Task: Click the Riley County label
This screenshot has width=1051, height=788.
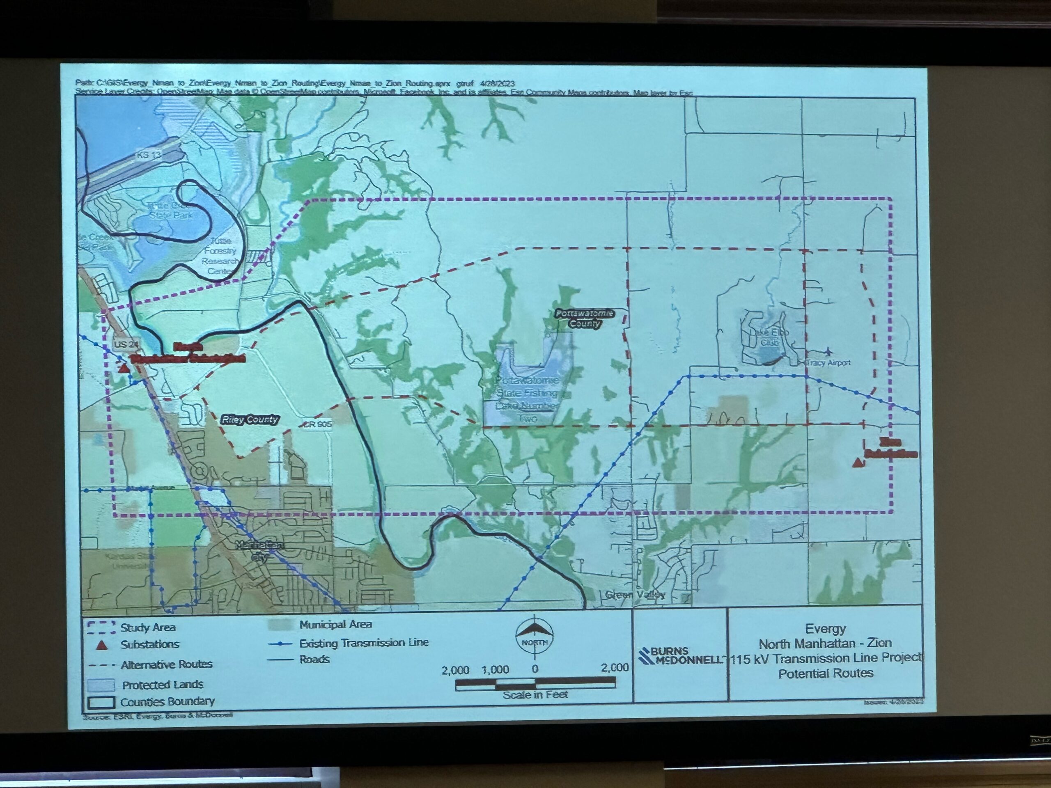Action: pos(250,420)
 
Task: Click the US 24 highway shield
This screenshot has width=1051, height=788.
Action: pos(126,344)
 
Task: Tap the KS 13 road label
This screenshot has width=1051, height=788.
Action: pos(149,154)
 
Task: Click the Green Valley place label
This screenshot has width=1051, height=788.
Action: pos(635,595)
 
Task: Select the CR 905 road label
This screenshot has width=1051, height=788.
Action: pos(318,424)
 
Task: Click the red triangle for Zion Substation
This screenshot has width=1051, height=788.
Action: pos(858,463)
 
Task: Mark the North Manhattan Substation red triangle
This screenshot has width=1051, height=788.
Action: pos(124,368)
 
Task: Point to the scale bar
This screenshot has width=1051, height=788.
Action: pos(535,684)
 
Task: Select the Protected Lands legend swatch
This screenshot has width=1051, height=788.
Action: pos(101,685)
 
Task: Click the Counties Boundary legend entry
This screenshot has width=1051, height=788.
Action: pos(166,701)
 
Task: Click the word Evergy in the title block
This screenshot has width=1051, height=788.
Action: pos(825,629)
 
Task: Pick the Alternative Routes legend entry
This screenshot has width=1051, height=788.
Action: pos(166,664)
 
